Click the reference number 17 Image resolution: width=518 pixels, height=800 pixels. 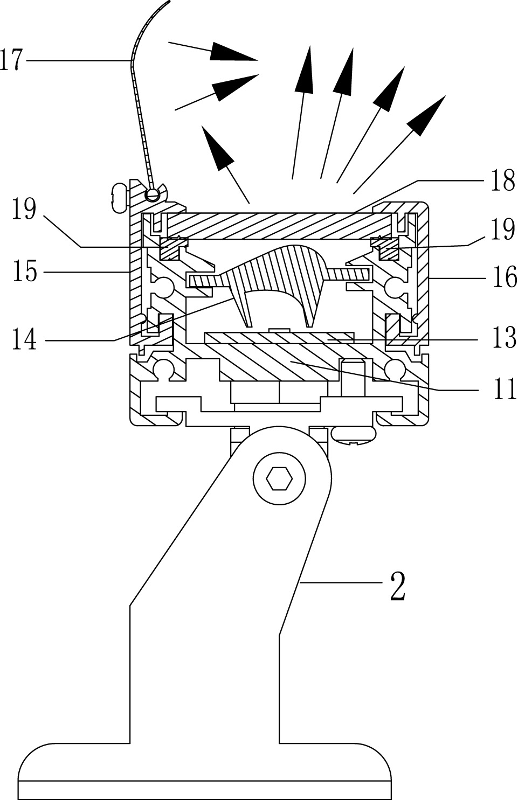tap(12, 60)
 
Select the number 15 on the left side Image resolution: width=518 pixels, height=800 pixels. tap(24, 272)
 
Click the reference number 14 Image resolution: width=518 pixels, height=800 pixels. tap(24, 340)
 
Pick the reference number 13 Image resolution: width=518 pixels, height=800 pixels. tap(504, 339)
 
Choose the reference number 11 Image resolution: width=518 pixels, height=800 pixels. tap(504, 389)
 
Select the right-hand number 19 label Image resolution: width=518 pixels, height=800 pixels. tap(502, 230)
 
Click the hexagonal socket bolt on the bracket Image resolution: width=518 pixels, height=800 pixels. tap(280, 477)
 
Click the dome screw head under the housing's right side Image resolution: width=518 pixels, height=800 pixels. tap(354, 435)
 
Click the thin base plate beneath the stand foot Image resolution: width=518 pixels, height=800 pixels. tap(205, 790)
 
